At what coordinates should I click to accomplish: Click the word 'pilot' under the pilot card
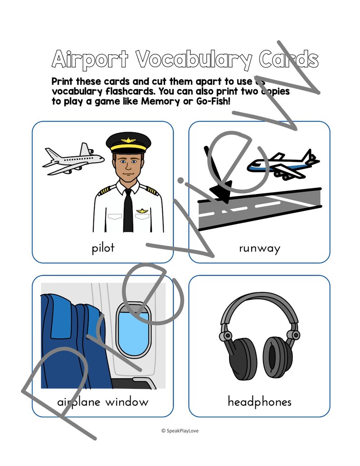(x=103, y=248)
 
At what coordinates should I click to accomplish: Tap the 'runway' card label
(x=259, y=248)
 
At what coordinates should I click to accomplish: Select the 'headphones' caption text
(x=259, y=402)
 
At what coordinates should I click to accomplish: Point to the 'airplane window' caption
(x=103, y=402)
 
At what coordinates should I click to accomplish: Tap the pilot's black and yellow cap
(x=128, y=142)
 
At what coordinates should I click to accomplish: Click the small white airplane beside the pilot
(x=73, y=160)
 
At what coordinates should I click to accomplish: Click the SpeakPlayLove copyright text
(x=180, y=431)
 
